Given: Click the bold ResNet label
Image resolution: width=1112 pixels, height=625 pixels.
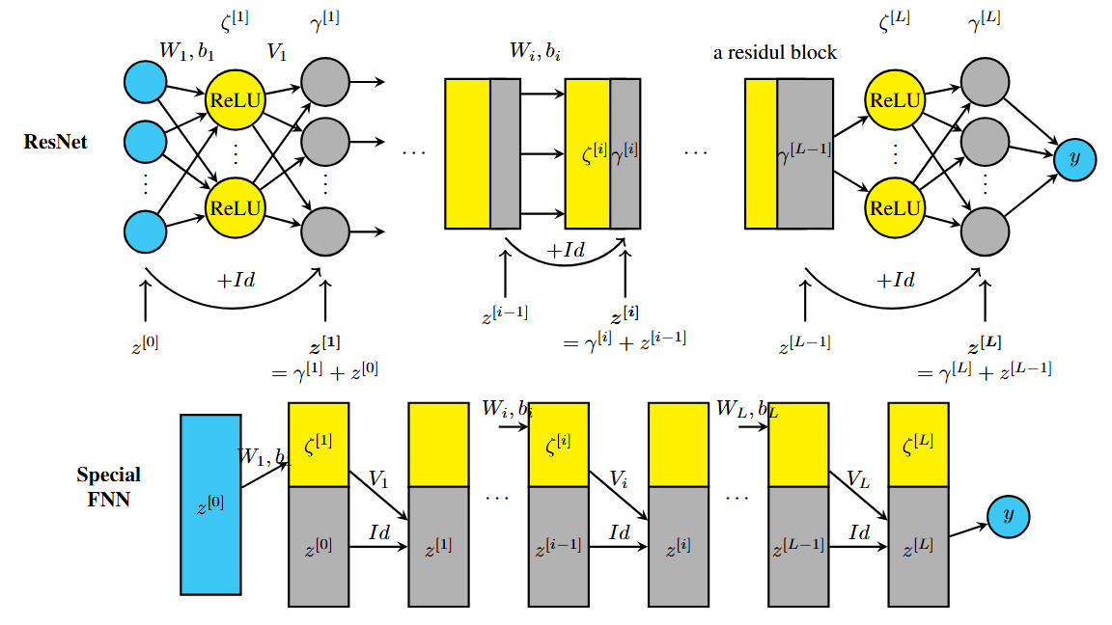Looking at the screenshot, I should tap(55, 142).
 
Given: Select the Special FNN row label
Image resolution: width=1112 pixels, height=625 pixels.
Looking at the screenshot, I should tap(108, 487).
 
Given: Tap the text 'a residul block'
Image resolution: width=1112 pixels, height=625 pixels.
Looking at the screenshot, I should tap(774, 53).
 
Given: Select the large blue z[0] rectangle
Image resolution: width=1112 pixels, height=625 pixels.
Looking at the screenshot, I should tap(210, 504).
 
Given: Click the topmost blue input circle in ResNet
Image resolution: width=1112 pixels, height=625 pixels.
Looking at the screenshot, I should tap(146, 81).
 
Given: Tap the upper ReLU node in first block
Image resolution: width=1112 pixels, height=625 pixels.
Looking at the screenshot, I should tap(235, 100).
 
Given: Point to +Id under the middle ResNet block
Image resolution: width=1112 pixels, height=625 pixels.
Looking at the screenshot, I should tap(566, 251).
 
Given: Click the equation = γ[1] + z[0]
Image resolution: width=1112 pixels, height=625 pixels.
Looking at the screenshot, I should tap(324, 371).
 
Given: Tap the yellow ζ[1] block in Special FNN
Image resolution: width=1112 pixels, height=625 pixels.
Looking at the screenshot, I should tap(319, 445).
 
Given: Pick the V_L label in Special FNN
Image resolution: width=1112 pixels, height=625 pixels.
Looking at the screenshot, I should tap(858, 478).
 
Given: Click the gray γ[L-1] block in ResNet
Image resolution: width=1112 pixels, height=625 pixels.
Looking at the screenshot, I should tap(805, 153).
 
